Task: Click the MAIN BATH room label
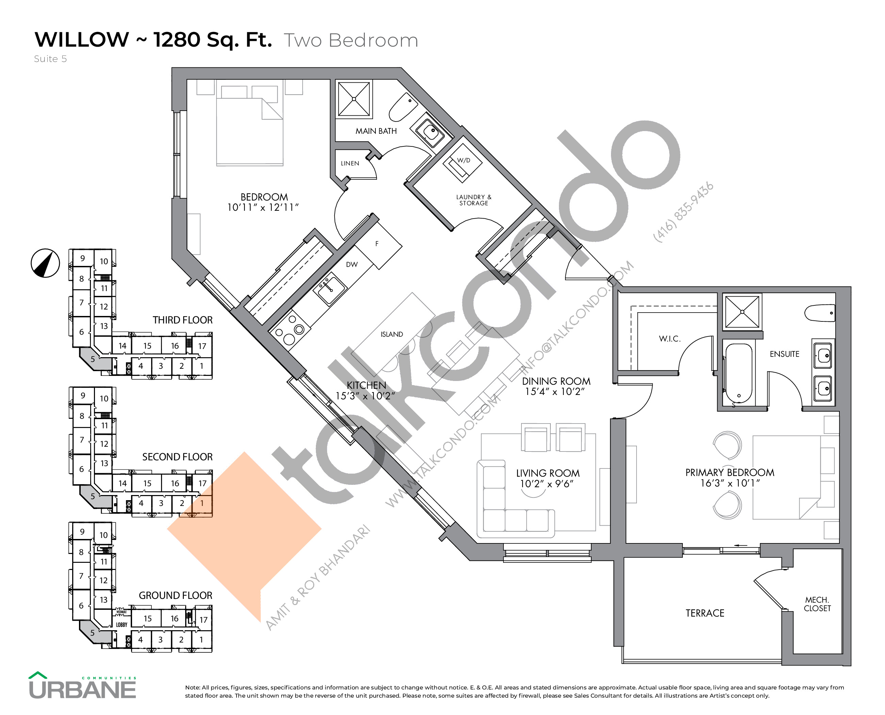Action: pyautogui.click(x=376, y=131)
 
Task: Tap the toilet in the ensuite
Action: pyautogui.click(x=820, y=313)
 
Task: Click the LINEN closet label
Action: pyautogui.click(x=350, y=163)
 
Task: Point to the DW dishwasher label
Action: pyautogui.click(x=352, y=265)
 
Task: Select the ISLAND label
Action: pyautogui.click(x=392, y=334)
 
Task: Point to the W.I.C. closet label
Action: pyautogui.click(x=670, y=338)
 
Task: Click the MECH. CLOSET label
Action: pyautogui.click(x=817, y=604)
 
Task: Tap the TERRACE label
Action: pyautogui.click(x=705, y=613)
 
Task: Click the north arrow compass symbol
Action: pyautogui.click(x=45, y=263)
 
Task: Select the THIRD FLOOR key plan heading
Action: pyautogui.click(x=182, y=320)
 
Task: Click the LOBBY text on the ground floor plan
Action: pyautogui.click(x=122, y=625)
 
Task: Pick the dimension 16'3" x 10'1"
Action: pyautogui.click(x=730, y=483)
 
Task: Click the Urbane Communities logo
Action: pyautogui.click(x=82, y=686)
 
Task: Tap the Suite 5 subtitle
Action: pyautogui.click(x=50, y=59)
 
